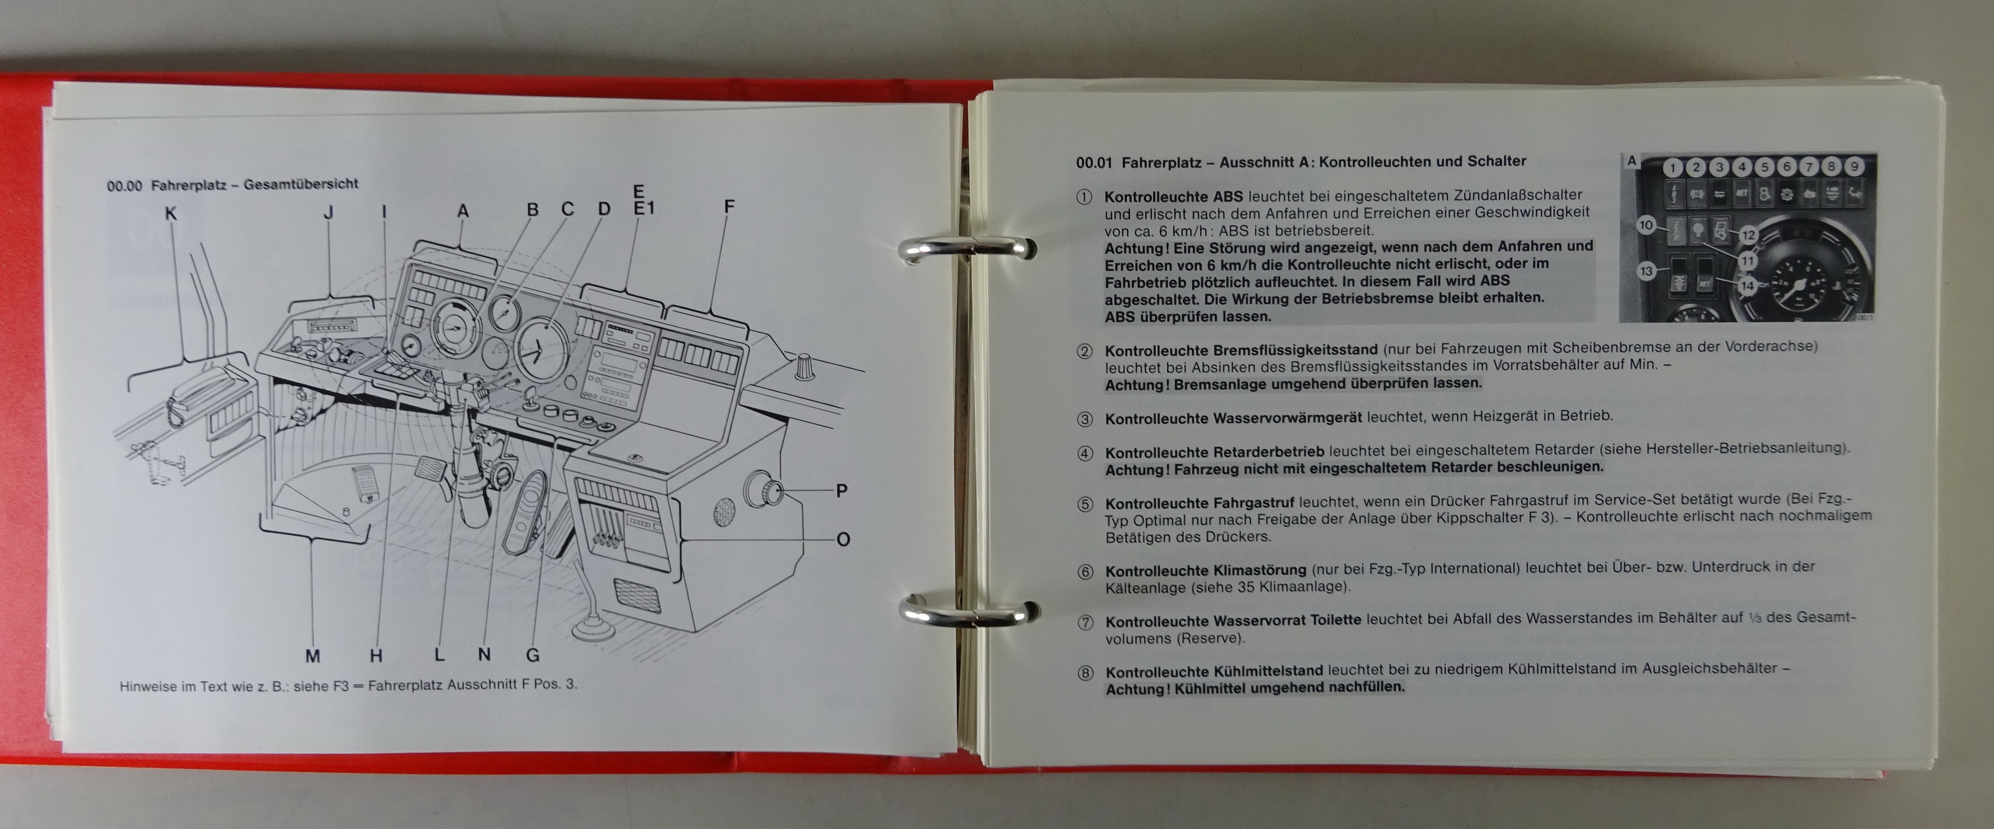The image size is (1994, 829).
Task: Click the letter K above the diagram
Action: [x=171, y=213]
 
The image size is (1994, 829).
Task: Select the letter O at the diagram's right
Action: [x=843, y=539]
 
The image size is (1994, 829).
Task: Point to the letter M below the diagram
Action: [x=313, y=656]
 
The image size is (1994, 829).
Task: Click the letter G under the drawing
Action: [x=533, y=655]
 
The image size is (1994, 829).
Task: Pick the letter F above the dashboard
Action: [x=728, y=207]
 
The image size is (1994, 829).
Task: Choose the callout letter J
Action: [x=328, y=212]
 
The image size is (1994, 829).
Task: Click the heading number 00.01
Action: [x=1094, y=163]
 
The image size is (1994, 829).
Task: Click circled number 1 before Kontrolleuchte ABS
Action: [x=1084, y=196]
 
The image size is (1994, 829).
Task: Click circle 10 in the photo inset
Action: [x=1646, y=225]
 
